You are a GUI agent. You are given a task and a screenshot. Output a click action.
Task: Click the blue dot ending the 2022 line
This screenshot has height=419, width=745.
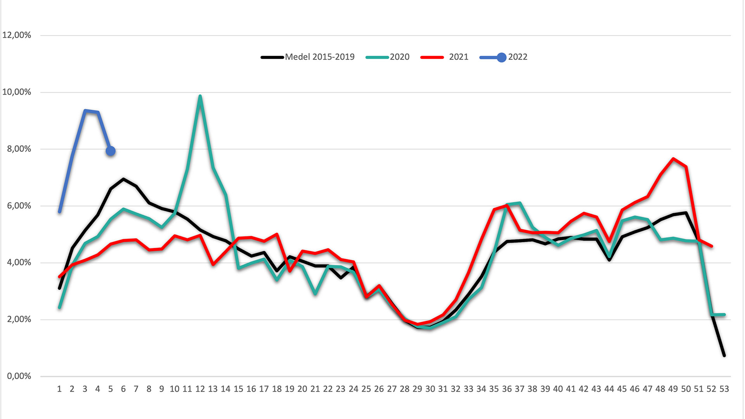111,151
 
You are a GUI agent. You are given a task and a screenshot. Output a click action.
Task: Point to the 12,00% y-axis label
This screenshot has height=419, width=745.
17,35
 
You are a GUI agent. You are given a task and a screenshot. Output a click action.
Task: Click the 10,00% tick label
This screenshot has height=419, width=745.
17,92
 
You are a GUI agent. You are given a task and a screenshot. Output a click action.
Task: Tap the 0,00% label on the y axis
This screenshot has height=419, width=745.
19,376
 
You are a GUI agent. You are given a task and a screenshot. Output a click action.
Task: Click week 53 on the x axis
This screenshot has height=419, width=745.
724,389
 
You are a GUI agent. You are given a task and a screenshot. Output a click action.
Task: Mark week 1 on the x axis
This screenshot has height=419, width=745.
59,389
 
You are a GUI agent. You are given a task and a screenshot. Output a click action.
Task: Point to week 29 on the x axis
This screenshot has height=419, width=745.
417,389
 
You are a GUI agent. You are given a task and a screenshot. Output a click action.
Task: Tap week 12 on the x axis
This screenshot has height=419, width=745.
200,389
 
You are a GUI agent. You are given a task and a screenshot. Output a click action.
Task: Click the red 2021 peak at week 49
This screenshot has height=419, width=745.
673,159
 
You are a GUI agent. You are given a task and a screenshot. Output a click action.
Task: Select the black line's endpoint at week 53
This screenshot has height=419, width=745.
724,355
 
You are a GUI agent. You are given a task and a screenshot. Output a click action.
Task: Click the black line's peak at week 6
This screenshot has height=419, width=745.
123,179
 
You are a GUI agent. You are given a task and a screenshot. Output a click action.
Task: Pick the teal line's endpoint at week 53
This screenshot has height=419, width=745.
724,314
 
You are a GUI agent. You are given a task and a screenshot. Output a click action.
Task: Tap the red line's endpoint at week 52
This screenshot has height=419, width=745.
711,246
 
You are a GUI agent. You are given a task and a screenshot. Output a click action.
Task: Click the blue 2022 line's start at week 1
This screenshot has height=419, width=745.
59,212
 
